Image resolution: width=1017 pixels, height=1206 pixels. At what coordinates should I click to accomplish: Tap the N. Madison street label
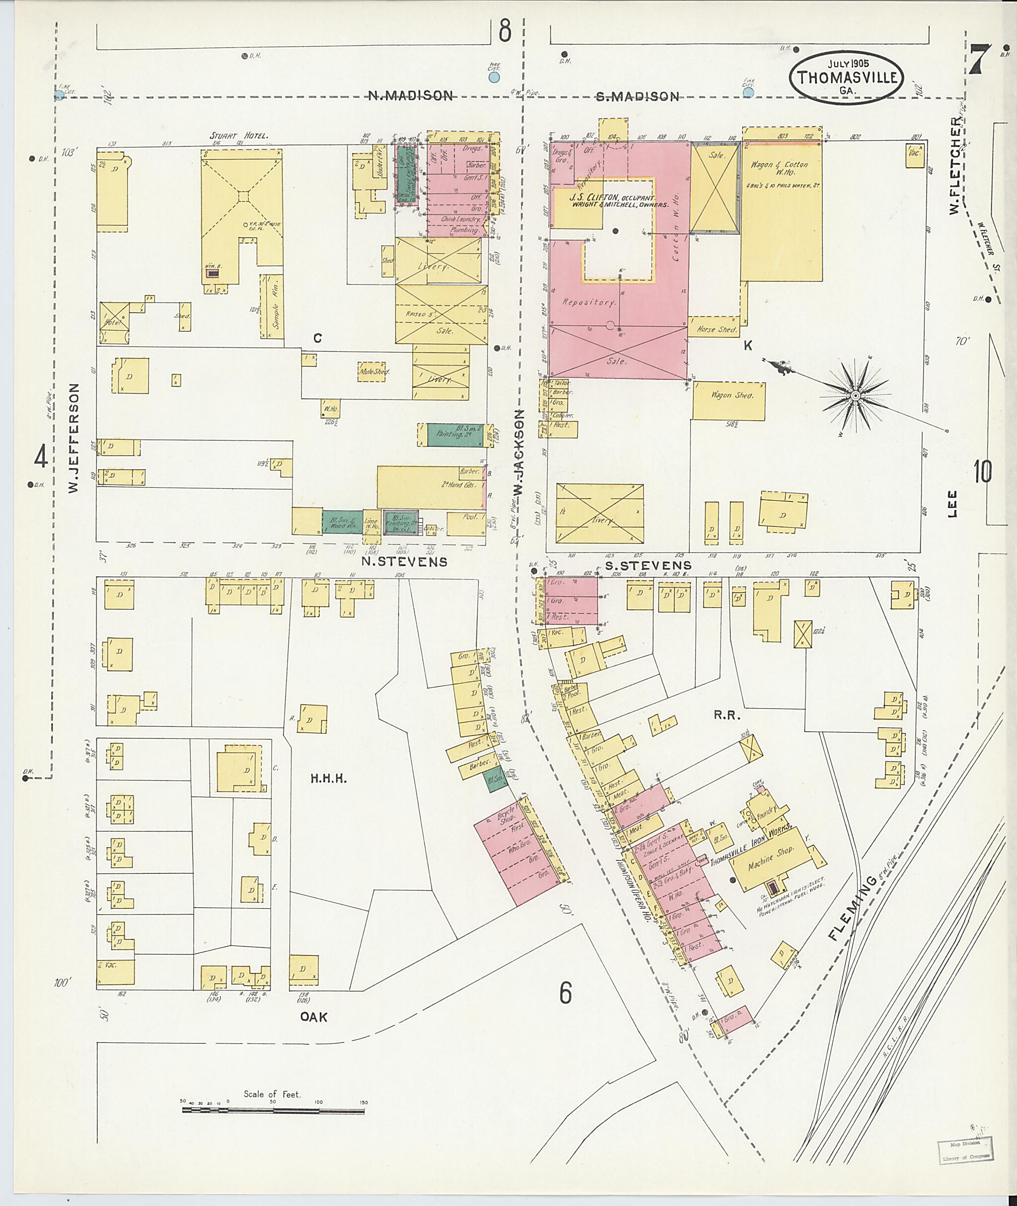click(x=411, y=96)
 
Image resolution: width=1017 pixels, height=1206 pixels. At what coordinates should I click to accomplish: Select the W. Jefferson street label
click(x=73, y=438)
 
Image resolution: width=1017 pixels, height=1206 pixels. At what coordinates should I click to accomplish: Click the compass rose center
click(x=856, y=396)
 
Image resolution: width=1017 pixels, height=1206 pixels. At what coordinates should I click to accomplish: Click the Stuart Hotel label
click(x=239, y=136)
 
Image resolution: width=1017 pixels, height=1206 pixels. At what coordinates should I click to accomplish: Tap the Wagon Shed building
click(x=729, y=400)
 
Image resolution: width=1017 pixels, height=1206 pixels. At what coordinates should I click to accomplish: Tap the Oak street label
click(x=314, y=1017)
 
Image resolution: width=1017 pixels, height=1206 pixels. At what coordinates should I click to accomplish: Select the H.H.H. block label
click(x=328, y=779)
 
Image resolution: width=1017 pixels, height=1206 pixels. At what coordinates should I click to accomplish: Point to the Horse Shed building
click(x=716, y=329)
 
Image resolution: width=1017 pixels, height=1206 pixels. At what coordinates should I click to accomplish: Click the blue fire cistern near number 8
click(x=494, y=76)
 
